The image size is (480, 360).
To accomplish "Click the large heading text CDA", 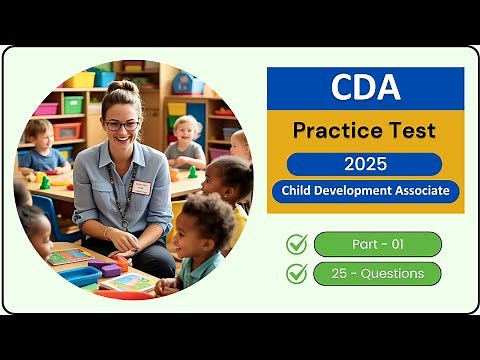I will [365, 87].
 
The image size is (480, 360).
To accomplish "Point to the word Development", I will [356, 190].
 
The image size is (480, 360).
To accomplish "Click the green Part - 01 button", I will [377, 244].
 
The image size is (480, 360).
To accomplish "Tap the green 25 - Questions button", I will [377, 273].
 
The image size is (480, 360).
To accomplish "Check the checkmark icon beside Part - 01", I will [297, 244].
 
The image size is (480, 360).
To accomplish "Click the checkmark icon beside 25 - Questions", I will [297, 273].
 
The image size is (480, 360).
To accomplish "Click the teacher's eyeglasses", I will [122, 125].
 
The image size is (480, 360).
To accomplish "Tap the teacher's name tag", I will [141, 187].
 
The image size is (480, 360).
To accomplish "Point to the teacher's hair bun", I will [121, 88].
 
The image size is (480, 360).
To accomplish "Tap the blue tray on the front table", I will [80, 275].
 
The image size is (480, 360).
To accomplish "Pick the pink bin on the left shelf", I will [46, 108].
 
